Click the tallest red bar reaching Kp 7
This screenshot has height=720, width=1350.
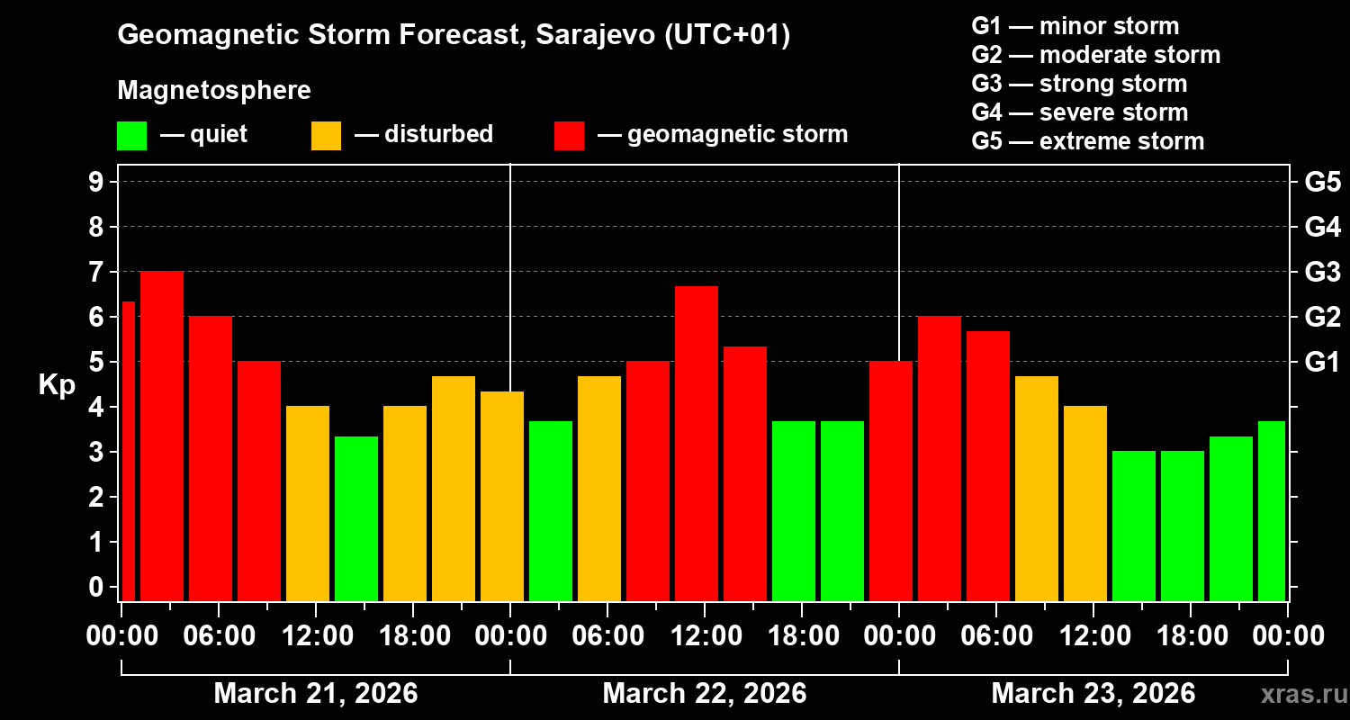tap(162, 436)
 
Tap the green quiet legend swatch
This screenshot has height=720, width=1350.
tap(131, 136)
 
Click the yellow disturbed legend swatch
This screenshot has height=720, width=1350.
tap(326, 136)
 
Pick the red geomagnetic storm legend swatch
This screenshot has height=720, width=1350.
tap(569, 136)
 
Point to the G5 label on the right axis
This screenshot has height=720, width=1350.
tap(1322, 183)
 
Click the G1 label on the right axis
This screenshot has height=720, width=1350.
tap(1322, 363)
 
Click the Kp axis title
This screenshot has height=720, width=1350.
tap(57, 385)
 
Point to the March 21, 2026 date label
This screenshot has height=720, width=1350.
tap(315, 694)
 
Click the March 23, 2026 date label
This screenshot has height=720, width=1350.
tap(1093, 694)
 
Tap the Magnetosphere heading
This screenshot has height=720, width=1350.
tap(214, 91)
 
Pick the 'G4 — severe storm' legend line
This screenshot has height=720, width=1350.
tap(1080, 112)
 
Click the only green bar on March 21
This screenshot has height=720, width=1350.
tap(356, 518)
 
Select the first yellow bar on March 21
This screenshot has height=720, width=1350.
tap(308, 503)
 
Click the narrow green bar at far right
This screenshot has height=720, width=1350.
tap(1272, 510)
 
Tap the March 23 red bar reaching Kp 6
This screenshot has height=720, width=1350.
tap(940, 458)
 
